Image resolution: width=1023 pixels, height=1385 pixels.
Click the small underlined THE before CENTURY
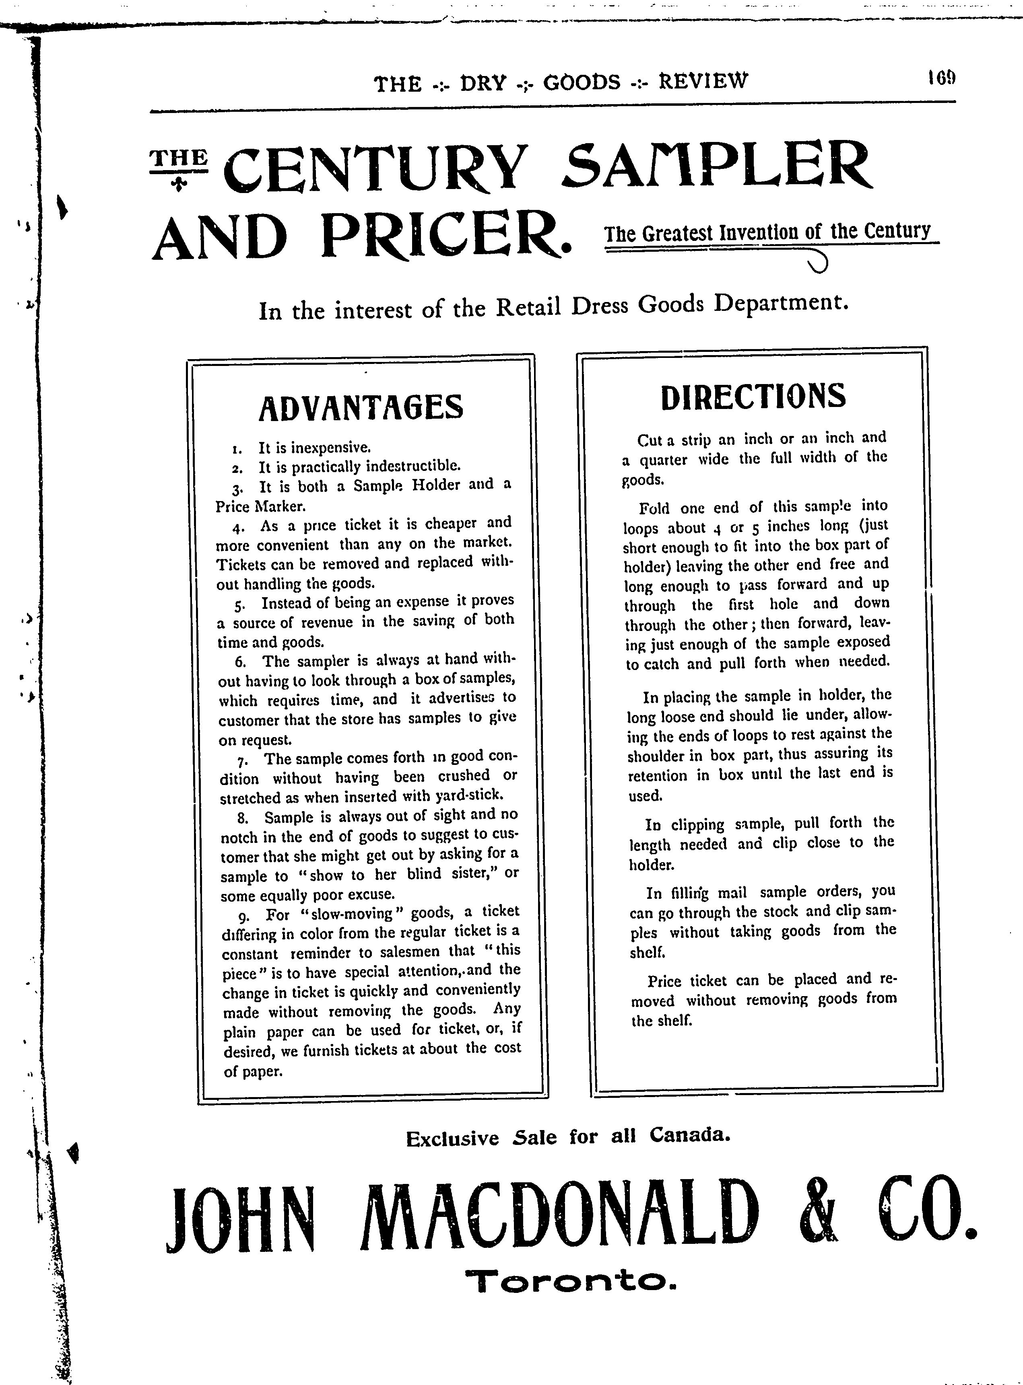coord(179,158)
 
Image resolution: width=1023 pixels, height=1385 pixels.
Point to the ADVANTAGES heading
coord(361,407)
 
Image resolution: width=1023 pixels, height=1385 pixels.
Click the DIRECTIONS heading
coord(753,396)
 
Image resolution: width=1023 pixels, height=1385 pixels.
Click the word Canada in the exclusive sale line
coord(690,1135)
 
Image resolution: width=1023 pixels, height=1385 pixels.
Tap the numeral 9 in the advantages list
coord(243,915)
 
